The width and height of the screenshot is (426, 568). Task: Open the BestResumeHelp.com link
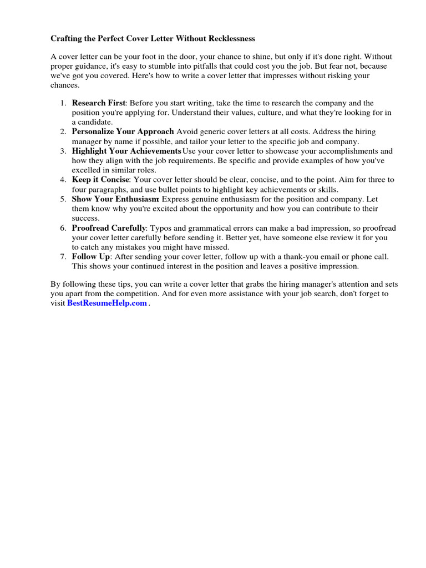tap(107, 303)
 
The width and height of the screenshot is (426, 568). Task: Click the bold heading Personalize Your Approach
tap(123, 132)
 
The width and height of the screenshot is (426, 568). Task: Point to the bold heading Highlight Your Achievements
tap(126, 151)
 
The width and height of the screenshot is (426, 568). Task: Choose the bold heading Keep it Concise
tap(100, 180)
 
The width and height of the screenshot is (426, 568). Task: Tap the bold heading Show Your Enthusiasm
tap(115, 199)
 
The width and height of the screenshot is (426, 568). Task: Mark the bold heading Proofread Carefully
tap(109, 228)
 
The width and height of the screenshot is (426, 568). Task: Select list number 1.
tap(63, 103)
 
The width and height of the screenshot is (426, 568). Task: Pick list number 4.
tap(63, 180)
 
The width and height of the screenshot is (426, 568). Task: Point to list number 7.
tap(63, 257)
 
